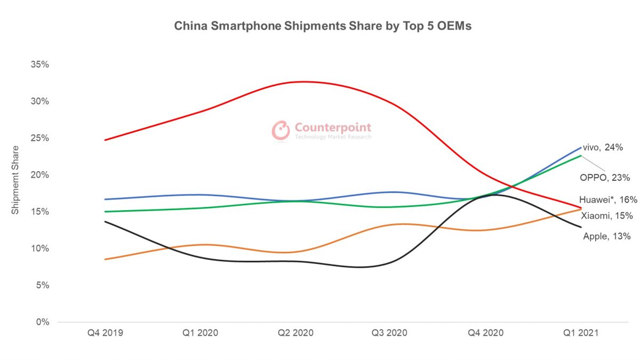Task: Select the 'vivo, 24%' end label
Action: click(603, 148)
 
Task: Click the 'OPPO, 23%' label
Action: click(605, 177)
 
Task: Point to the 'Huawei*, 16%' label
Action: click(608, 200)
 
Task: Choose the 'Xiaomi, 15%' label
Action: click(606, 216)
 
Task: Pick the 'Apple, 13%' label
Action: click(607, 236)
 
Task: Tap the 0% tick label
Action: click(43, 322)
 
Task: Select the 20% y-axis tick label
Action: click(41, 175)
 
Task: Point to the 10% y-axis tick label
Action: click(41, 249)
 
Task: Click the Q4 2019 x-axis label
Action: click(105, 333)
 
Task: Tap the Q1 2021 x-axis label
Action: click(581, 333)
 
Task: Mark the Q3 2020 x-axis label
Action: click(390, 333)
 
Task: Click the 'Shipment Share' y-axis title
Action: click(15, 180)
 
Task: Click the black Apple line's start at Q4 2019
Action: click(105, 221)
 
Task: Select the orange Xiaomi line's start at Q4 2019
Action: click(105, 259)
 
